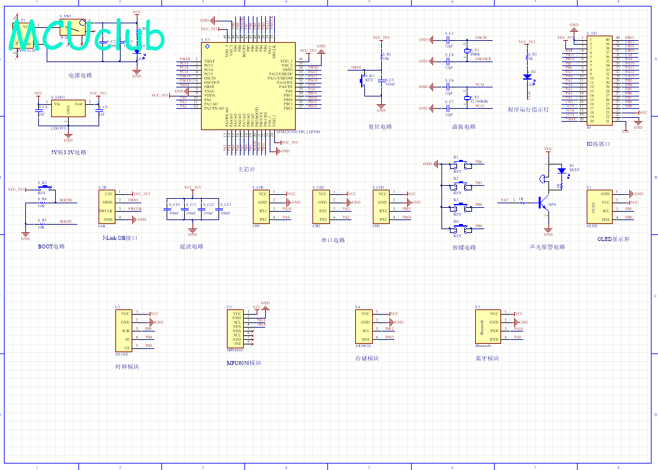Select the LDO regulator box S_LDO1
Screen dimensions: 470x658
click(68, 111)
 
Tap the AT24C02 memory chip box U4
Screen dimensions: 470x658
click(365, 326)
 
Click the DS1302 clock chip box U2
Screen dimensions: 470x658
click(126, 330)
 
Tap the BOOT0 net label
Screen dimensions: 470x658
click(65, 200)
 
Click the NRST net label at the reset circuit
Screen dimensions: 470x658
click(356, 67)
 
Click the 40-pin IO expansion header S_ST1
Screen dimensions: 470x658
click(598, 79)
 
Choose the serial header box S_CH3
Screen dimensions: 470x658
click(383, 206)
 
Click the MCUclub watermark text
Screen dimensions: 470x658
click(88, 38)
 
